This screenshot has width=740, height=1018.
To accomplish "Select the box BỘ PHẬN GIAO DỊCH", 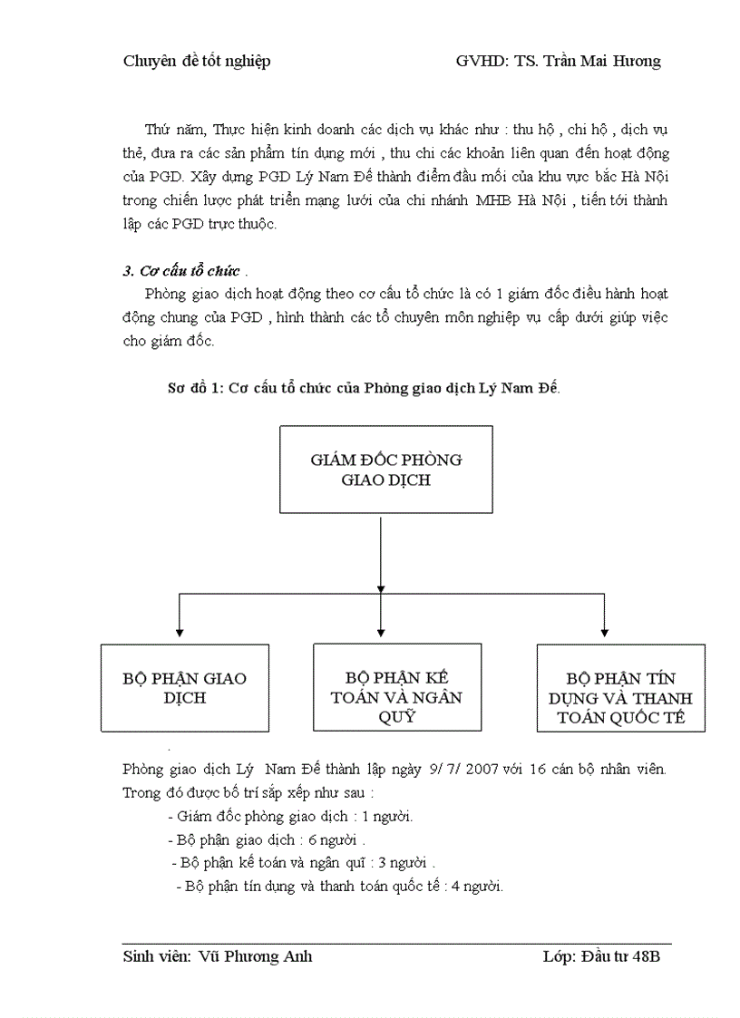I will point(185,688).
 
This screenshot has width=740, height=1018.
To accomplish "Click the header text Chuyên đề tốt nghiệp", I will point(196,62).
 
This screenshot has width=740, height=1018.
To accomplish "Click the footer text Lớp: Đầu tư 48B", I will point(601,957).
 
